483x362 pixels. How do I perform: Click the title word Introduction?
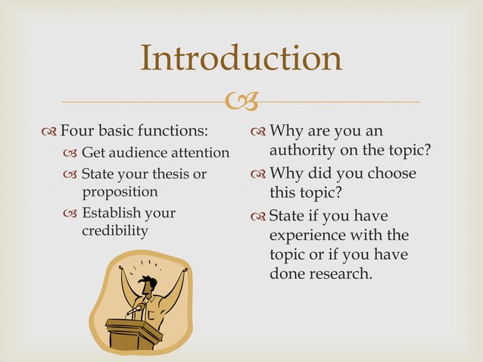click(x=241, y=58)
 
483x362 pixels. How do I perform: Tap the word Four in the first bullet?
click(x=76, y=130)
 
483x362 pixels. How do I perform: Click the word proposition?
click(x=120, y=192)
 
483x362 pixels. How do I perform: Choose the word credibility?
click(x=115, y=230)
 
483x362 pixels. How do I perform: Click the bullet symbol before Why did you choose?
click(x=257, y=173)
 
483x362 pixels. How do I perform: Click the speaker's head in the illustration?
click(x=149, y=284)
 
